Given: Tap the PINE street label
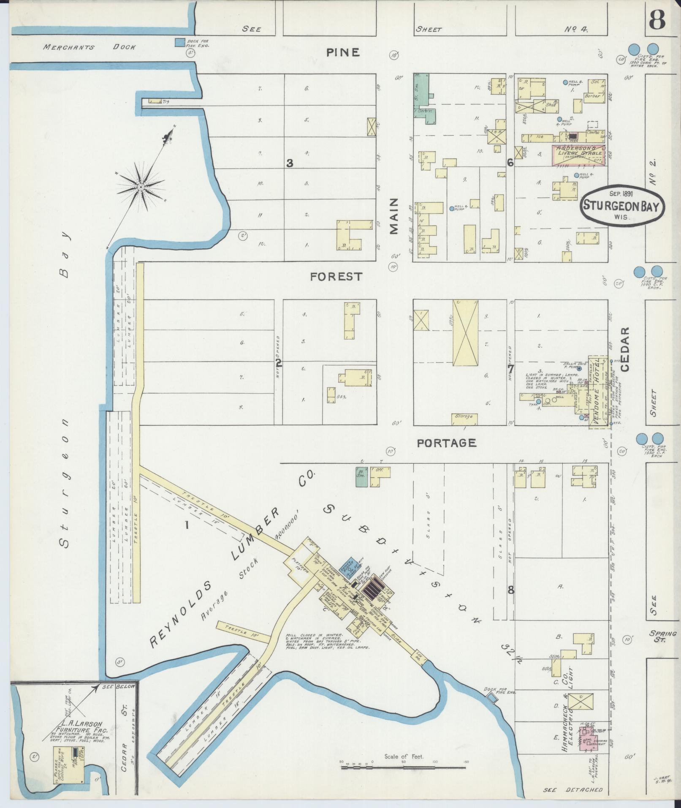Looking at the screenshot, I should click(x=343, y=52).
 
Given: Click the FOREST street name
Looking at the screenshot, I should click(x=336, y=277).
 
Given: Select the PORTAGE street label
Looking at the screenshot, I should click(x=446, y=443).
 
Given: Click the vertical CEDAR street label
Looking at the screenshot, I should click(x=625, y=348).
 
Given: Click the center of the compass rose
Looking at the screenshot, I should click(x=141, y=186).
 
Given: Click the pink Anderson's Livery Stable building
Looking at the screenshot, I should click(x=578, y=155).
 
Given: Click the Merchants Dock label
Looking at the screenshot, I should click(x=89, y=47).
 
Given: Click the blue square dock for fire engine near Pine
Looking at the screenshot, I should click(x=180, y=42).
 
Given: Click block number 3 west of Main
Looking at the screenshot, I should click(x=290, y=163).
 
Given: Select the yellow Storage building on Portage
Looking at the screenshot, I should click(x=464, y=416).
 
